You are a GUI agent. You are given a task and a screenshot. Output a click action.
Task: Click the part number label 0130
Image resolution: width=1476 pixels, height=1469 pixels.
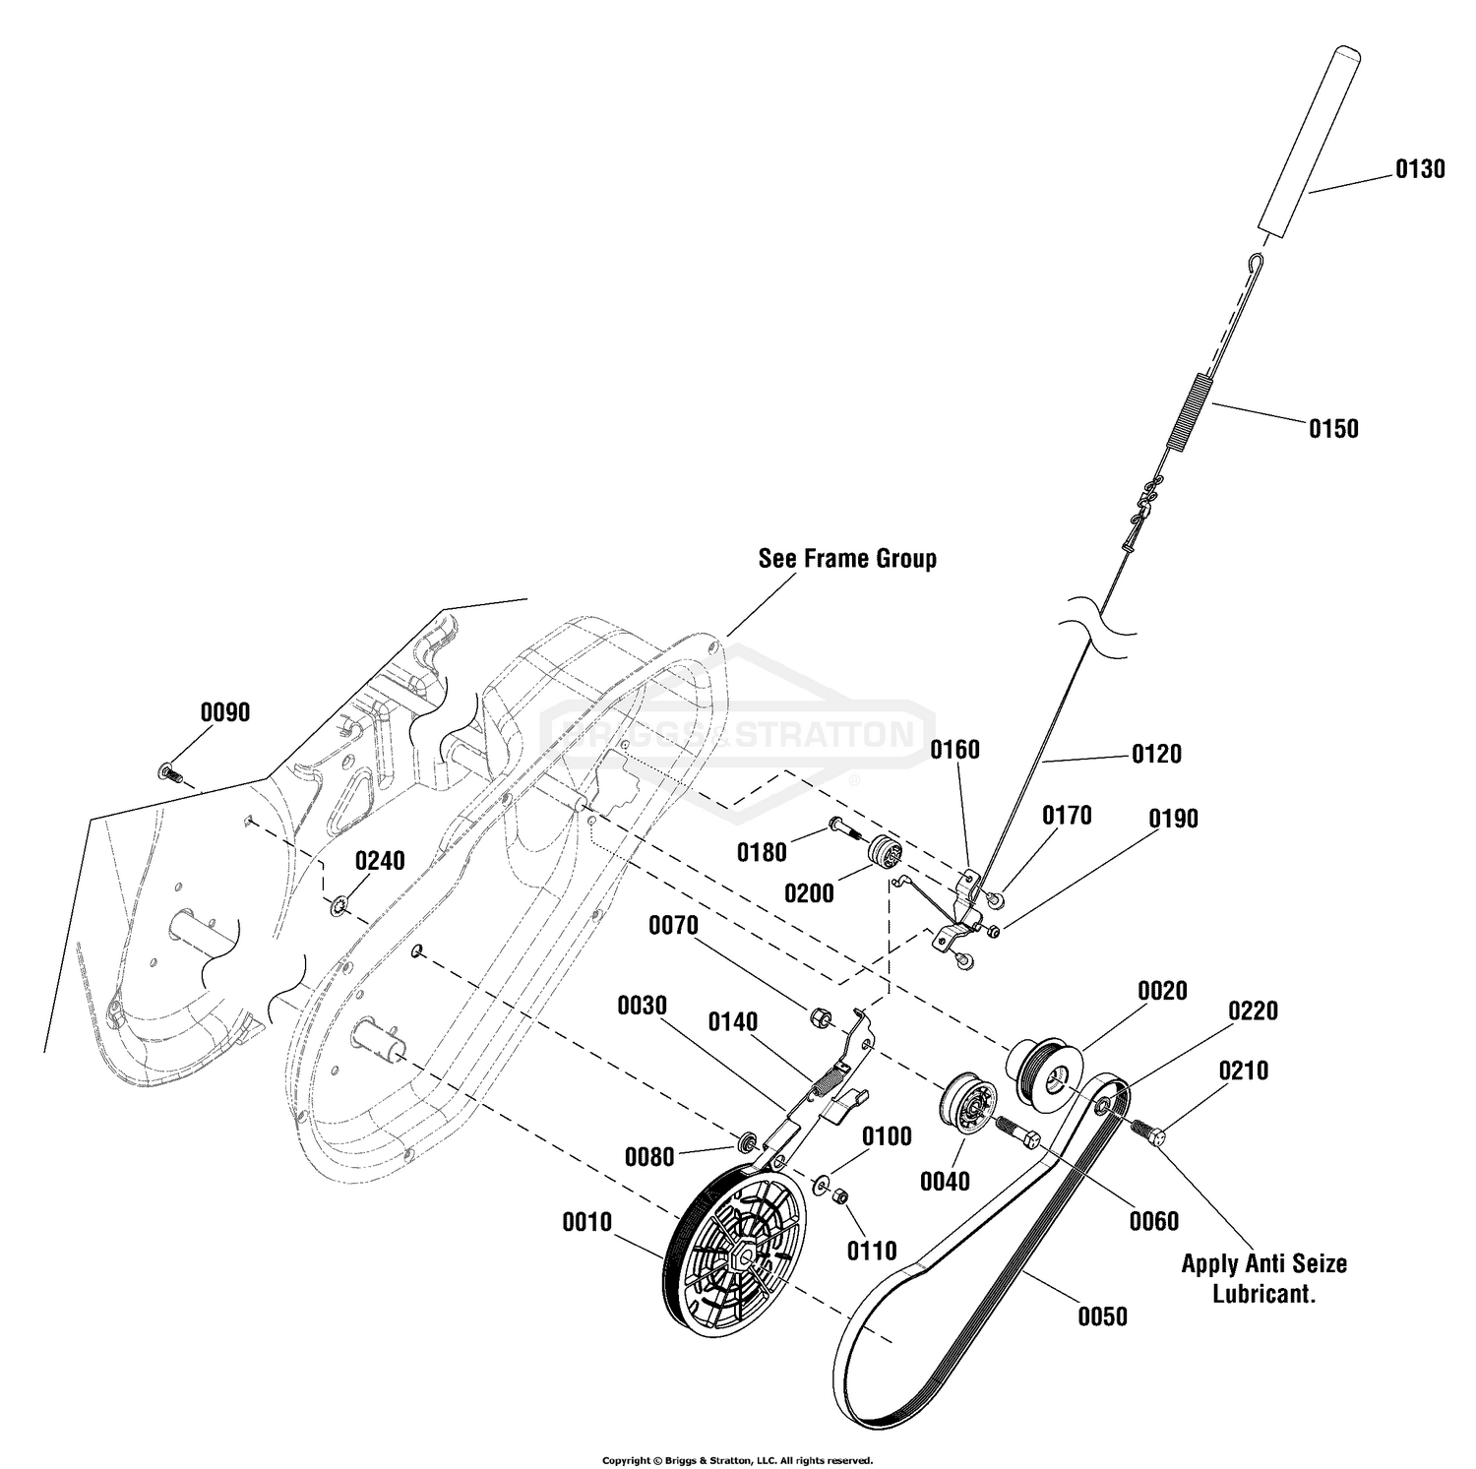(x=1420, y=169)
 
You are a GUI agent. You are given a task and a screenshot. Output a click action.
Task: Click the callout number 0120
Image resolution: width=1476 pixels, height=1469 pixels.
(x=1156, y=754)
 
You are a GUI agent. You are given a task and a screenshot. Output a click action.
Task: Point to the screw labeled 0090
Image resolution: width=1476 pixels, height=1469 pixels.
(x=170, y=772)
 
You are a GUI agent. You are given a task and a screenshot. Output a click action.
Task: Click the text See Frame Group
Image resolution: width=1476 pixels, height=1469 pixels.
(x=847, y=559)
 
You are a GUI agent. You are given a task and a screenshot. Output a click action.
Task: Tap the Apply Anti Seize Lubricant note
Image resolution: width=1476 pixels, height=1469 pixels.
(x=1264, y=1278)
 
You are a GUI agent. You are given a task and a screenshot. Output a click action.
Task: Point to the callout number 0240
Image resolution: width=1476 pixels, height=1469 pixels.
(x=380, y=861)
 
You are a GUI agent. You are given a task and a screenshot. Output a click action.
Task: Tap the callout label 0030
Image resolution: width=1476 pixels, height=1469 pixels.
(x=643, y=1006)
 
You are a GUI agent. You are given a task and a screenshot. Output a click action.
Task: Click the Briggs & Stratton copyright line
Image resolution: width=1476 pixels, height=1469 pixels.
(x=737, y=1460)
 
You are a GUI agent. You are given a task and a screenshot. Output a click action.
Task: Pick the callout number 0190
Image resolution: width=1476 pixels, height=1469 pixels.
(x=1174, y=820)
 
